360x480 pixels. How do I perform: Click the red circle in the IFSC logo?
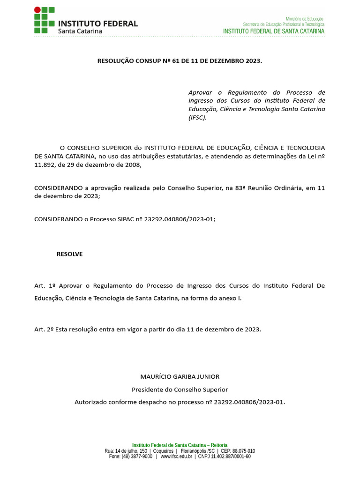37,10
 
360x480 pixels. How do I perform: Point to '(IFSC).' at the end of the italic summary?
197,118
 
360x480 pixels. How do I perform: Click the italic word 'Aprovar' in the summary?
200,92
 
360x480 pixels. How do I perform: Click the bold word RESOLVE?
69,254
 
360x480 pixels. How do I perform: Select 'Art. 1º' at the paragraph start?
45,285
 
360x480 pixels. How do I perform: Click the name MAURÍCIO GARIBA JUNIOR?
180,377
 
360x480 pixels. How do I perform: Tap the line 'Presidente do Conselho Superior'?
180,390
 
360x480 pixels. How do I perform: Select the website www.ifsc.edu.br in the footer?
176,457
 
